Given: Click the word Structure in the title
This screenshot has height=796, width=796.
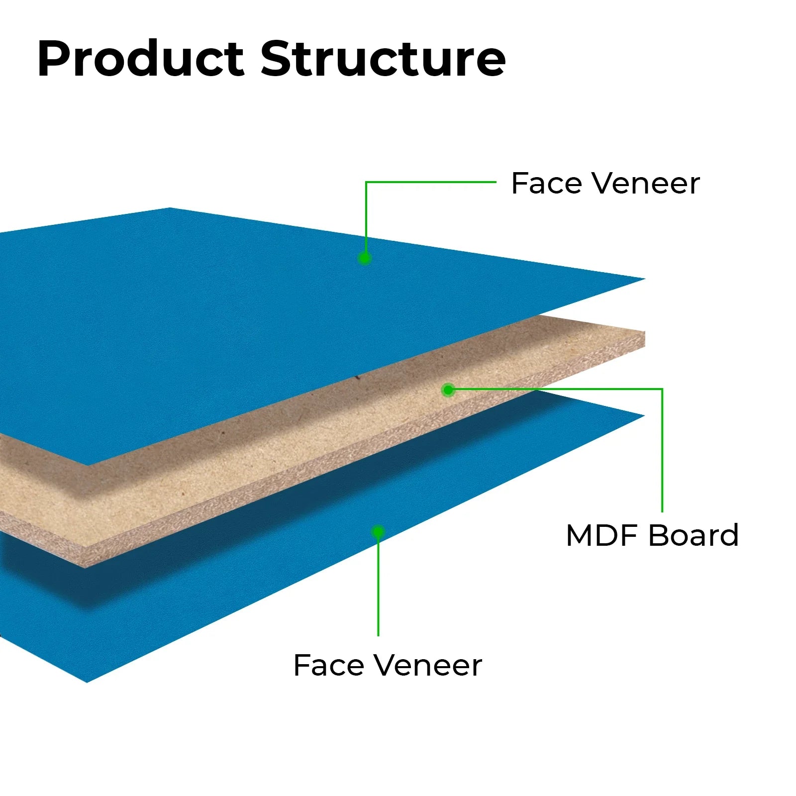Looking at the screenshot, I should pyautogui.click(x=383, y=59).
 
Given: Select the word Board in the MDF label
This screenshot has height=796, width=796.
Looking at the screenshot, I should pyautogui.click(x=694, y=536).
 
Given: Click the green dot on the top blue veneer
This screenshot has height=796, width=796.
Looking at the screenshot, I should pyautogui.click(x=365, y=258).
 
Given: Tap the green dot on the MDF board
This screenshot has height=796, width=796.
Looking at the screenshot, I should pyautogui.click(x=448, y=390).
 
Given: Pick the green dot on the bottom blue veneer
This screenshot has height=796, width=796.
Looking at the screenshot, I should pyautogui.click(x=378, y=532).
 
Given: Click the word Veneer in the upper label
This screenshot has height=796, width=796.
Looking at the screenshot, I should pyautogui.click(x=647, y=184).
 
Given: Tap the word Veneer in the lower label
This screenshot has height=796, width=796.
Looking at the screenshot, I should pyautogui.click(x=428, y=666).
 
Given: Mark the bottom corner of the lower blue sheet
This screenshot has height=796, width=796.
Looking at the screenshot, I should pyautogui.click(x=88, y=681).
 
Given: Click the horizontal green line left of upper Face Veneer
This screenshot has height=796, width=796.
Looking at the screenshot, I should pyautogui.click(x=431, y=182).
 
